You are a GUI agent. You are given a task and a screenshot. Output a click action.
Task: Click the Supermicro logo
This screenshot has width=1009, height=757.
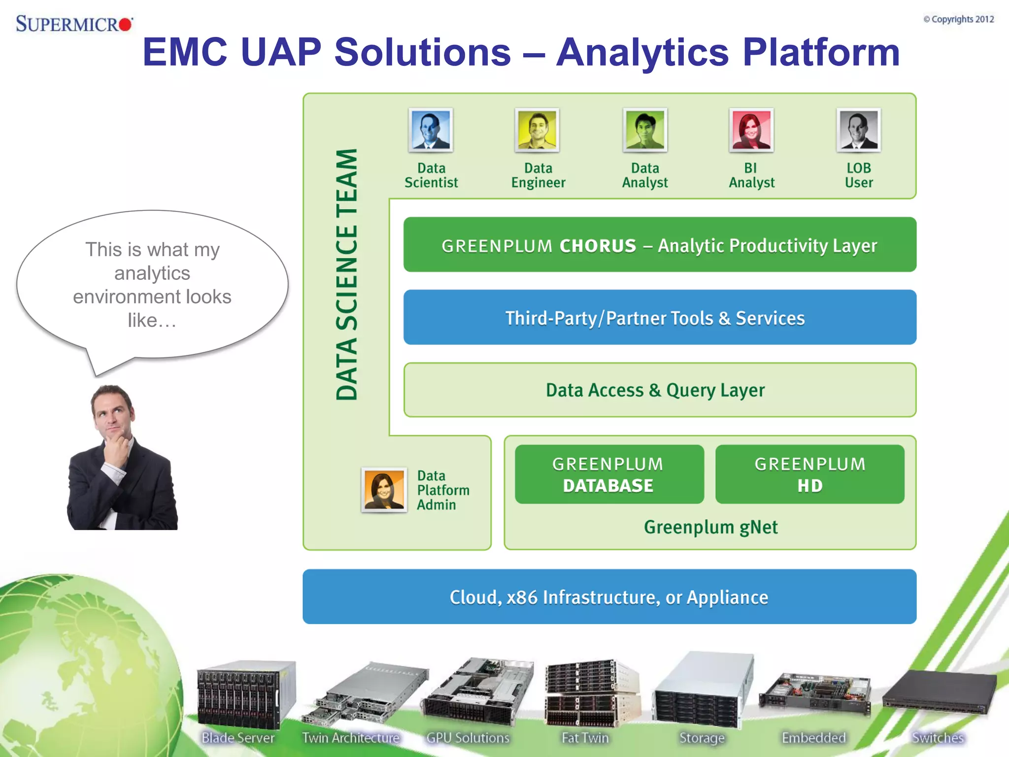(74, 23)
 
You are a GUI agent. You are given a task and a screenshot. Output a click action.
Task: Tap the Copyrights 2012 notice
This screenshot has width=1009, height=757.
(958, 19)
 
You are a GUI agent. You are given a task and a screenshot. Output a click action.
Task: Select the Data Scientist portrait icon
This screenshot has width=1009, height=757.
(431, 130)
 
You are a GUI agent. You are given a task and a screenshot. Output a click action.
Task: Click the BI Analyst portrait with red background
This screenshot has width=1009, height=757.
(751, 130)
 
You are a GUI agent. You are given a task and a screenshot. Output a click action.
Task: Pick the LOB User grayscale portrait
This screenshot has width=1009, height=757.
(858, 130)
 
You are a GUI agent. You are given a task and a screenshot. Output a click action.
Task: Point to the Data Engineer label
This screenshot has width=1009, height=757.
(538, 175)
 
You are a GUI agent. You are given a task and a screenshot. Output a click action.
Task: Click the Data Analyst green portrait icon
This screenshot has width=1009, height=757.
(645, 130)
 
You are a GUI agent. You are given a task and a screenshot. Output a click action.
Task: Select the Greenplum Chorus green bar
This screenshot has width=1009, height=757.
(659, 245)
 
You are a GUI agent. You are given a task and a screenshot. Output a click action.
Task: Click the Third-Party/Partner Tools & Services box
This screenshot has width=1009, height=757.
(659, 317)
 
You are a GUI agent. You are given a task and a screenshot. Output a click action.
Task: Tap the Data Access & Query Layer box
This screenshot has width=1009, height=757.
(659, 390)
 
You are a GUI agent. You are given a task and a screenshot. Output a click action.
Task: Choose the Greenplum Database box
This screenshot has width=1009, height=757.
(609, 474)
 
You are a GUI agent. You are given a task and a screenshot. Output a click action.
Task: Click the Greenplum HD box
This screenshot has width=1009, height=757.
(809, 474)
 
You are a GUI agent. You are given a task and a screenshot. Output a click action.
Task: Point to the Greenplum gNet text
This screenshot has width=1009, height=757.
(710, 527)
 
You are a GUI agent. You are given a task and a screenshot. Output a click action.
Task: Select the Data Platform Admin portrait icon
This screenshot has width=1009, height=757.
(384, 490)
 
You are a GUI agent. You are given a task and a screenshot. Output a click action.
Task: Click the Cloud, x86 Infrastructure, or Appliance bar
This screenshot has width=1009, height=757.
(609, 597)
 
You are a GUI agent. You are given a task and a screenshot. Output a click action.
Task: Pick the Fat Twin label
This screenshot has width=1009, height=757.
(585, 738)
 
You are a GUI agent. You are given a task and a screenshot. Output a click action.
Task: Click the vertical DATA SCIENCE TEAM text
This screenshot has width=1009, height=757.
(346, 274)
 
